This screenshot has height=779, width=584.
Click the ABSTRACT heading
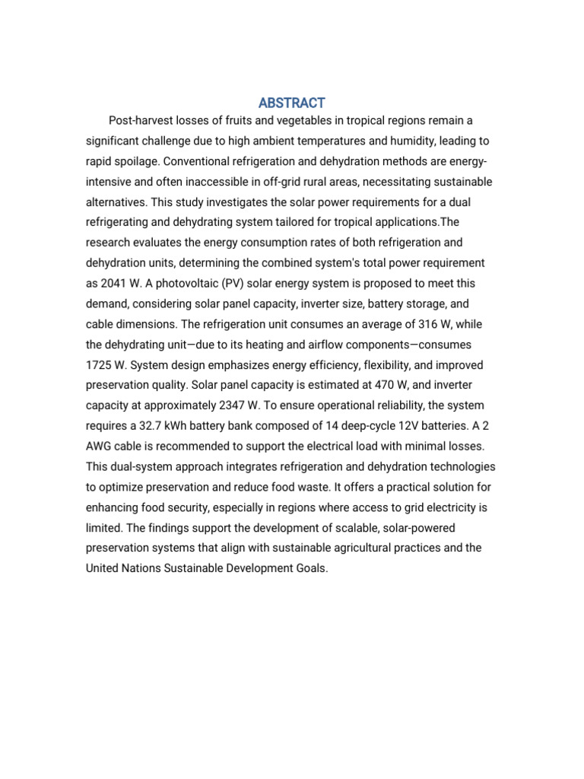[291, 103]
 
